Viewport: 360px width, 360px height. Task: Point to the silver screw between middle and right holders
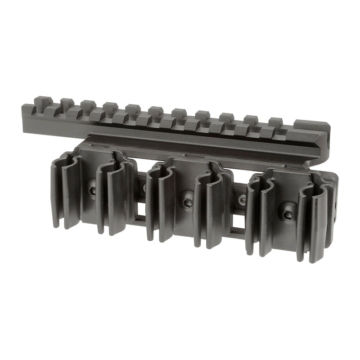(x=242, y=198)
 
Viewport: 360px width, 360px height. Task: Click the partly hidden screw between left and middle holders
(x=144, y=187)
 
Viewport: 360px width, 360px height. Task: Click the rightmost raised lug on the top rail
(x=274, y=122)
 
